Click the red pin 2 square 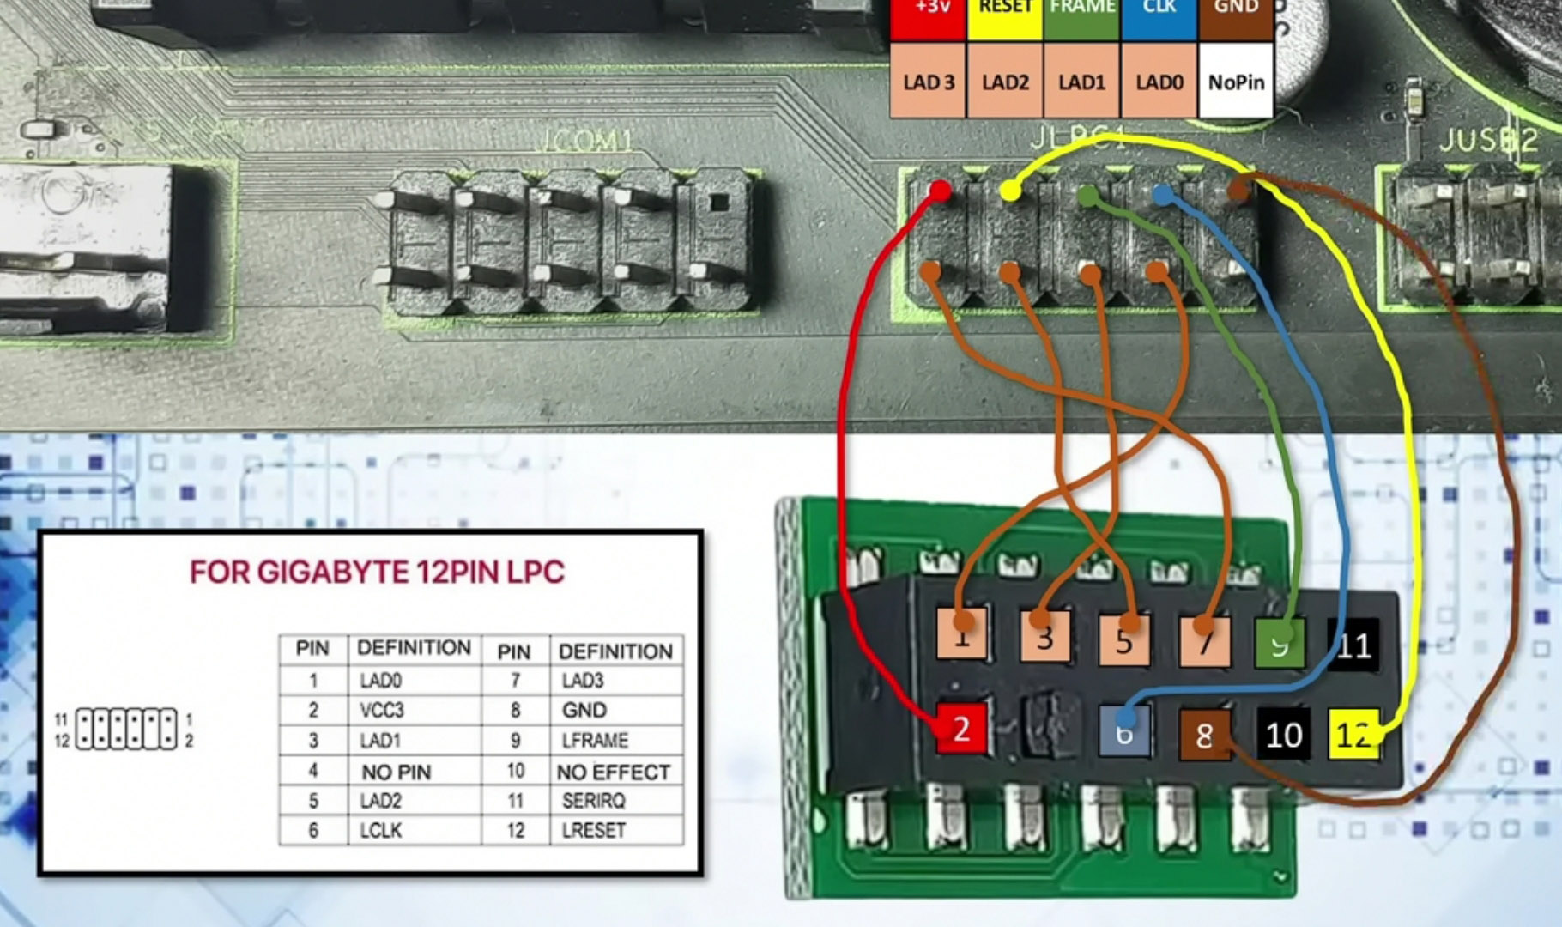[960, 729]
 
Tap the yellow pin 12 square [1353, 735]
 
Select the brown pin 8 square [1204, 735]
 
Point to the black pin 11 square [1353, 645]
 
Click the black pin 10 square [1283, 735]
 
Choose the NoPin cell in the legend [1236, 82]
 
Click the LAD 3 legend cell [929, 82]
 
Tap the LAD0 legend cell [1159, 82]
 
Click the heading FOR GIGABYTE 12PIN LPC [377, 573]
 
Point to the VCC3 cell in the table [381, 711]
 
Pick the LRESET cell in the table [593, 831]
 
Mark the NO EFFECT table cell [613, 772]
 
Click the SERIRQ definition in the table [593, 801]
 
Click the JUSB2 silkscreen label [1488, 140]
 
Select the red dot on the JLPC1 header [940, 190]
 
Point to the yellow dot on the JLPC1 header [1011, 191]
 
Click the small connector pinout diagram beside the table [125, 730]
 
